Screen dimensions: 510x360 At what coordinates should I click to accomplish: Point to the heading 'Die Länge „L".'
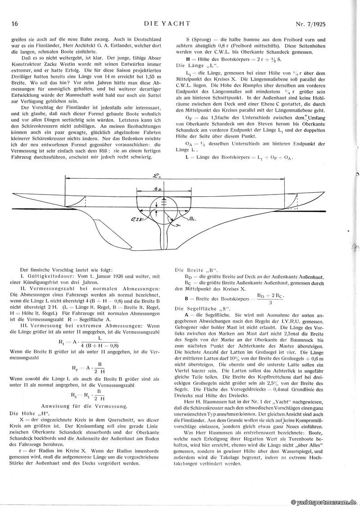tap(192, 65)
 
